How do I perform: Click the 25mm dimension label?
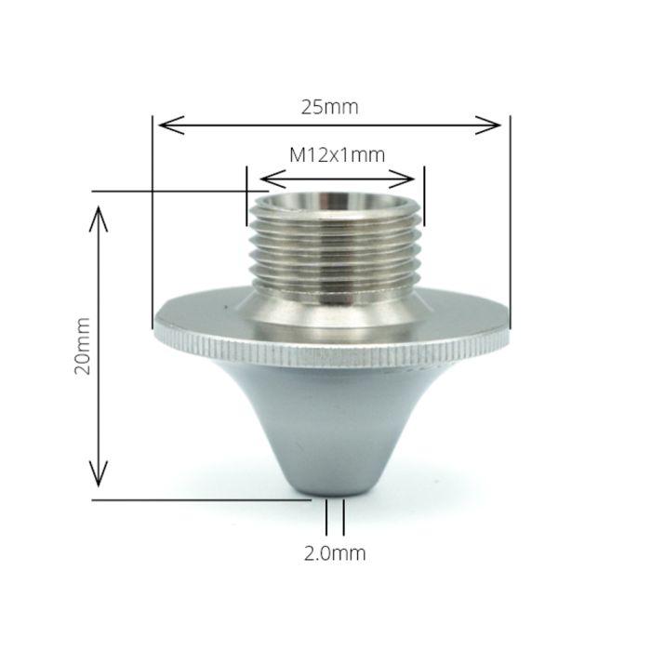[329, 107]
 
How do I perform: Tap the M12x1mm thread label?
[337, 155]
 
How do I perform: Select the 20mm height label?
[82, 346]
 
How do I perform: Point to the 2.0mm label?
[335, 553]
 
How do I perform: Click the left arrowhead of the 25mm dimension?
[171, 125]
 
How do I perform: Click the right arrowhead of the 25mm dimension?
[488, 125]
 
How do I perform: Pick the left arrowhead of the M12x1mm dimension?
[272, 179]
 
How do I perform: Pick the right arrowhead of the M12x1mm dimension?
[402, 179]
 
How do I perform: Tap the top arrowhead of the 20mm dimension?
[99, 219]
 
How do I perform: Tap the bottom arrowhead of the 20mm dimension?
[99, 473]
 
